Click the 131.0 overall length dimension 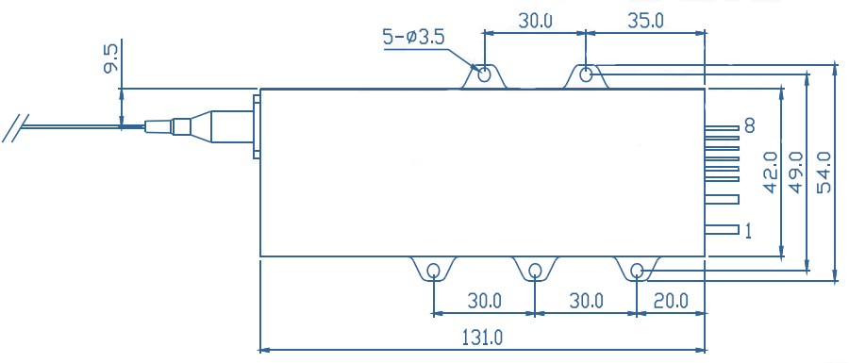[482, 338]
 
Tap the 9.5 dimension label [111, 59]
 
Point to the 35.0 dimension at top [644, 21]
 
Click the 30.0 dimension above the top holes [535, 21]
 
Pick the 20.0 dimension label [671, 300]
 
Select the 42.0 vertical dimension [771, 173]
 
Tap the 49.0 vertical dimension [796, 173]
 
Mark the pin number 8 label [750, 126]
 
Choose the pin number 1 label [748, 232]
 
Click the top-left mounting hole [485, 74]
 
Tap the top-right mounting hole [586, 74]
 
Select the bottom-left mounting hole [434, 270]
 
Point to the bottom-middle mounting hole [535, 270]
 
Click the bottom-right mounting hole [638, 270]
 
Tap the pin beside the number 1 [722, 230]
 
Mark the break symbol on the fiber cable [15, 128]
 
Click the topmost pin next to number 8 [722, 128]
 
